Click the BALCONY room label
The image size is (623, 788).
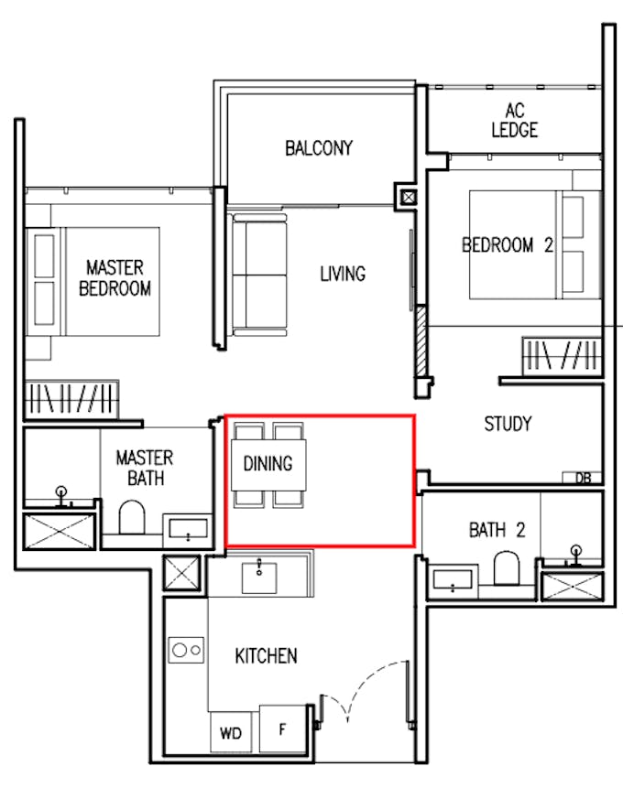pyautogui.click(x=319, y=147)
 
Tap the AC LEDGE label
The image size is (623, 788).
pyautogui.click(x=514, y=120)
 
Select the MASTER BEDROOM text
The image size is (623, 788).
pyautogui.click(x=115, y=278)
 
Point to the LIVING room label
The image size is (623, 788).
pyautogui.click(x=343, y=274)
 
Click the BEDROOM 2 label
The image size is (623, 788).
pyautogui.click(x=508, y=245)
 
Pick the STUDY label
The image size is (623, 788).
pyautogui.click(x=508, y=424)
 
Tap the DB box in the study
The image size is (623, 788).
pyautogui.click(x=583, y=478)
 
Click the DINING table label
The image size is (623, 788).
pyautogui.click(x=268, y=463)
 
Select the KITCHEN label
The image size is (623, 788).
pyautogui.click(x=267, y=656)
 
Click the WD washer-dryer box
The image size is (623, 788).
pyautogui.click(x=231, y=732)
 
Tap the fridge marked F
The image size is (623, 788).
pyautogui.click(x=283, y=729)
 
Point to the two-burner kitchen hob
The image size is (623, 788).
pyautogui.click(x=186, y=650)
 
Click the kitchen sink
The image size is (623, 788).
pyautogui.click(x=259, y=578)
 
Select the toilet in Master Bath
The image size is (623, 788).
pyautogui.click(x=132, y=517)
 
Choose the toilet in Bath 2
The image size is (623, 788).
pyautogui.click(x=507, y=568)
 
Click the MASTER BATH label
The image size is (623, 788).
pyautogui.click(x=145, y=468)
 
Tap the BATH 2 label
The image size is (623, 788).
pyautogui.click(x=497, y=530)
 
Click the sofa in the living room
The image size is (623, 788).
pyautogui.click(x=259, y=275)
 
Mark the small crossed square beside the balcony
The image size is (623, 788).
pyautogui.click(x=409, y=197)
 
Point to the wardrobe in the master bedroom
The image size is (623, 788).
pyautogui.click(x=72, y=399)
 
